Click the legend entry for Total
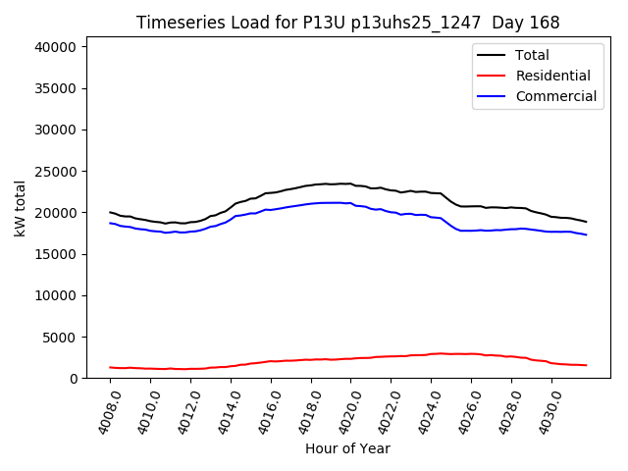pyautogui.click(x=532, y=55)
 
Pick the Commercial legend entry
pyautogui.click(x=555, y=96)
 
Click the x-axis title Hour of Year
pyautogui.click(x=347, y=448)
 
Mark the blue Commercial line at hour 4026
pyautogui.click(x=471, y=231)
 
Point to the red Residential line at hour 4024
pyautogui.click(x=431, y=353)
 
